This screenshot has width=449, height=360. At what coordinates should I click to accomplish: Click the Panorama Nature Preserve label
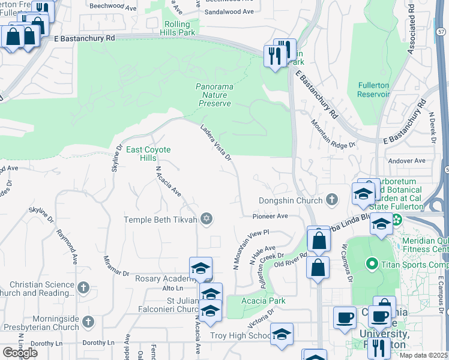pyautogui.click(x=214, y=95)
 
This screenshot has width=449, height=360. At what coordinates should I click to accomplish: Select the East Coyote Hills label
pyautogui.click(x=148, y=154)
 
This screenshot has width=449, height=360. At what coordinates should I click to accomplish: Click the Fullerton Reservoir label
pyautogui.click(x=373, y=89)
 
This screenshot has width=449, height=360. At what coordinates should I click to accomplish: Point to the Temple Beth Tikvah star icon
pyautogui.click(x=207, y=219)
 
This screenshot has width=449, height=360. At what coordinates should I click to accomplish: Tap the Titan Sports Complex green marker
pyautogui.click(x=372, y=263)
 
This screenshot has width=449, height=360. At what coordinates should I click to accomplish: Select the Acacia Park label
pyautogui.click(x=263, y=300)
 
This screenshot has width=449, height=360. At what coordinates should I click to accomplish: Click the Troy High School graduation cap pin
pyautogui.click(x=281, y=335)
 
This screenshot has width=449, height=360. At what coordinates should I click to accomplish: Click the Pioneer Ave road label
pyautogui.click(x=270, y=216)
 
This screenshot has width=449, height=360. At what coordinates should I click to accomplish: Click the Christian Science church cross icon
pyautogui.click(x=84, y=288)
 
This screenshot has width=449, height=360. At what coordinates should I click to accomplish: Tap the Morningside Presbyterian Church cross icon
pyautogui.click(x=89, y=322)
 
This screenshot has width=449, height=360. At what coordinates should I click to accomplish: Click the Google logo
pyautogui.click(x=20, y=353)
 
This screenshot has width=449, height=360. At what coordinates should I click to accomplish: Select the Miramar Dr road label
pyautogui.click(x=116, y=260)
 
